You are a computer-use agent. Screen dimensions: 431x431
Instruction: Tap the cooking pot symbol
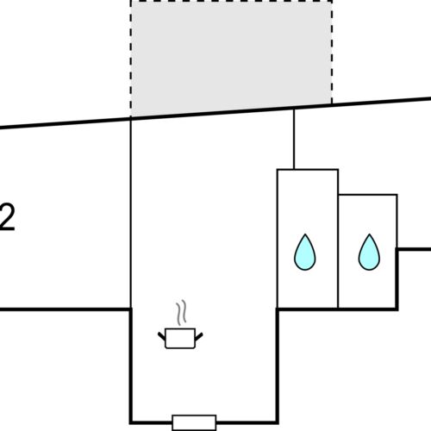(179, 338)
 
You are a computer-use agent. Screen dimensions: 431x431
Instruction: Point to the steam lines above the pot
(180, 312)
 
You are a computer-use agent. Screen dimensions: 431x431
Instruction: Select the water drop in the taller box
(306, 252)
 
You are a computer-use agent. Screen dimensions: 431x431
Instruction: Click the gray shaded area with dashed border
(231, 56)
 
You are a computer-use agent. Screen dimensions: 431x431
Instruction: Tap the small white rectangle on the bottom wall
(194, 422)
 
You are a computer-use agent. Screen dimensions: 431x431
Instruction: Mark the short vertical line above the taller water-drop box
(294, 138)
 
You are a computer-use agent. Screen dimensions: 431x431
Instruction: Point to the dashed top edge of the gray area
(231, 1)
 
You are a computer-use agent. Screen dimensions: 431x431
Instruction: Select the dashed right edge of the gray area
(332, 52)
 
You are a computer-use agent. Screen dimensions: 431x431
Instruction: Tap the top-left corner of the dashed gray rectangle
(130, 1)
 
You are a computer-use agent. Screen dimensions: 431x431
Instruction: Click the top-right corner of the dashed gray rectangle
(332, 1)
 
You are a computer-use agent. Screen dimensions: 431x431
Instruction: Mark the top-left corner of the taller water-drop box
(277, 170)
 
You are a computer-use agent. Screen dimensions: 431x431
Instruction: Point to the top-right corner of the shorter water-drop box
(397, 195)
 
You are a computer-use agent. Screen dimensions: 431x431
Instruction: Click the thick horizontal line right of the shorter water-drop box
(414, 248)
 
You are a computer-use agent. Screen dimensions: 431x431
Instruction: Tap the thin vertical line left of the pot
(130, 215)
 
